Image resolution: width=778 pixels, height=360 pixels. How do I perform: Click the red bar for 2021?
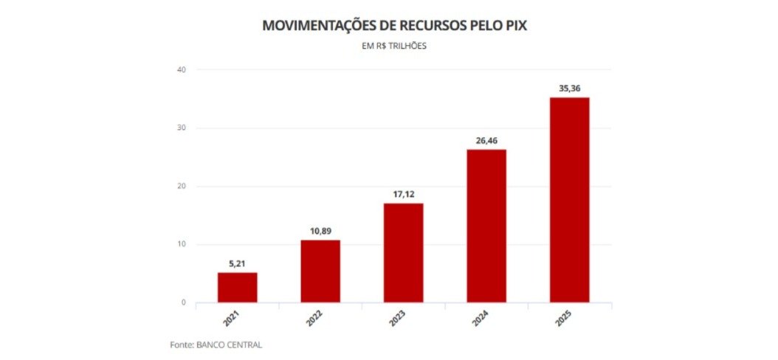(237, 288)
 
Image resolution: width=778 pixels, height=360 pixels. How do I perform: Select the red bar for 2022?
(320, 271)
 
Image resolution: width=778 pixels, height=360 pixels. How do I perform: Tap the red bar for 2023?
(404, 253)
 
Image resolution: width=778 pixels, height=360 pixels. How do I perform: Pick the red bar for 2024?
(486, 226)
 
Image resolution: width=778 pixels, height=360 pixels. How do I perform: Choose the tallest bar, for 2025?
(570, 200)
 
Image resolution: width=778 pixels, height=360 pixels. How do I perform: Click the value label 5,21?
(237, 263)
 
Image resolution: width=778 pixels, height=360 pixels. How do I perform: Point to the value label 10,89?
(320, 231)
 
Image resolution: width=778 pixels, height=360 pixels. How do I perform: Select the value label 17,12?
(404, 194)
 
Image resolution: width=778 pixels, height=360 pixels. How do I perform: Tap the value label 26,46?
(486, 140)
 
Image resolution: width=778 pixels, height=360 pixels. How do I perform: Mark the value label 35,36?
(570, 89)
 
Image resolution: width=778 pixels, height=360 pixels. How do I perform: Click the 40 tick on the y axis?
(181, 70)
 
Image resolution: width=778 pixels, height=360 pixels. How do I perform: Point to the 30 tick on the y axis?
(181, 128)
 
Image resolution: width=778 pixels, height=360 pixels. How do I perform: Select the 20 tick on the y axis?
(181, 187)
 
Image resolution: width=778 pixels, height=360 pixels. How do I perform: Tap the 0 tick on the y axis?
(183, 302)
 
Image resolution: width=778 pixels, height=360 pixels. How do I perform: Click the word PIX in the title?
(514, 26)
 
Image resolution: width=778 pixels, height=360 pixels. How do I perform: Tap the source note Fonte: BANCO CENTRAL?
(216, 345)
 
